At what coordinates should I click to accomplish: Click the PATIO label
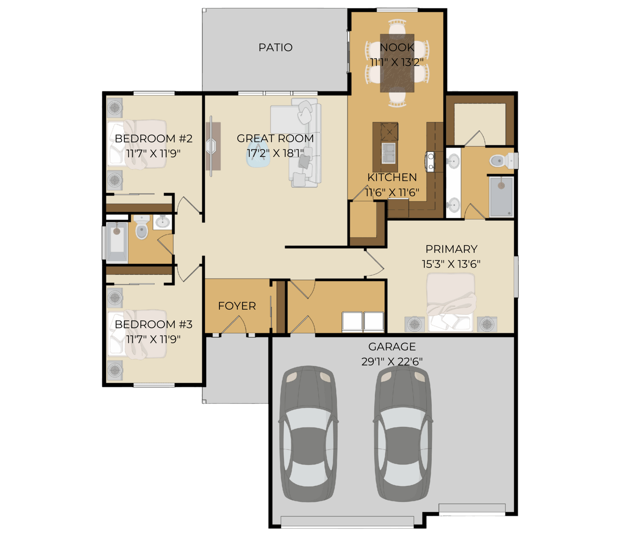point(275,48)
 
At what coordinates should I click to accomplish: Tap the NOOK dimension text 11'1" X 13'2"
point(397,62)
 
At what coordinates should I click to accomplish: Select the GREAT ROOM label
point(275,138)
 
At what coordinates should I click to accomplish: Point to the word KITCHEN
point(392,177)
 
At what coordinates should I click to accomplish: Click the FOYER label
point(237,306)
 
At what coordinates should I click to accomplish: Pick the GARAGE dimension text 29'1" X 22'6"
point(392,361)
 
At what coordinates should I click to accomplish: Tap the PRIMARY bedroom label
point(451,249)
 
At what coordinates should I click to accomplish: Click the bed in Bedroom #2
point(137,144)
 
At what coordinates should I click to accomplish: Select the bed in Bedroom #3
point(137,334)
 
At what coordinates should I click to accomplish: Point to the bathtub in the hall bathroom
point(117,243)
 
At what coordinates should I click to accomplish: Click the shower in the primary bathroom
point(502,197)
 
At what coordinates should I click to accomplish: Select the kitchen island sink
point(388,153)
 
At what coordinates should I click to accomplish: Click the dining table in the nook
point(397,63)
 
